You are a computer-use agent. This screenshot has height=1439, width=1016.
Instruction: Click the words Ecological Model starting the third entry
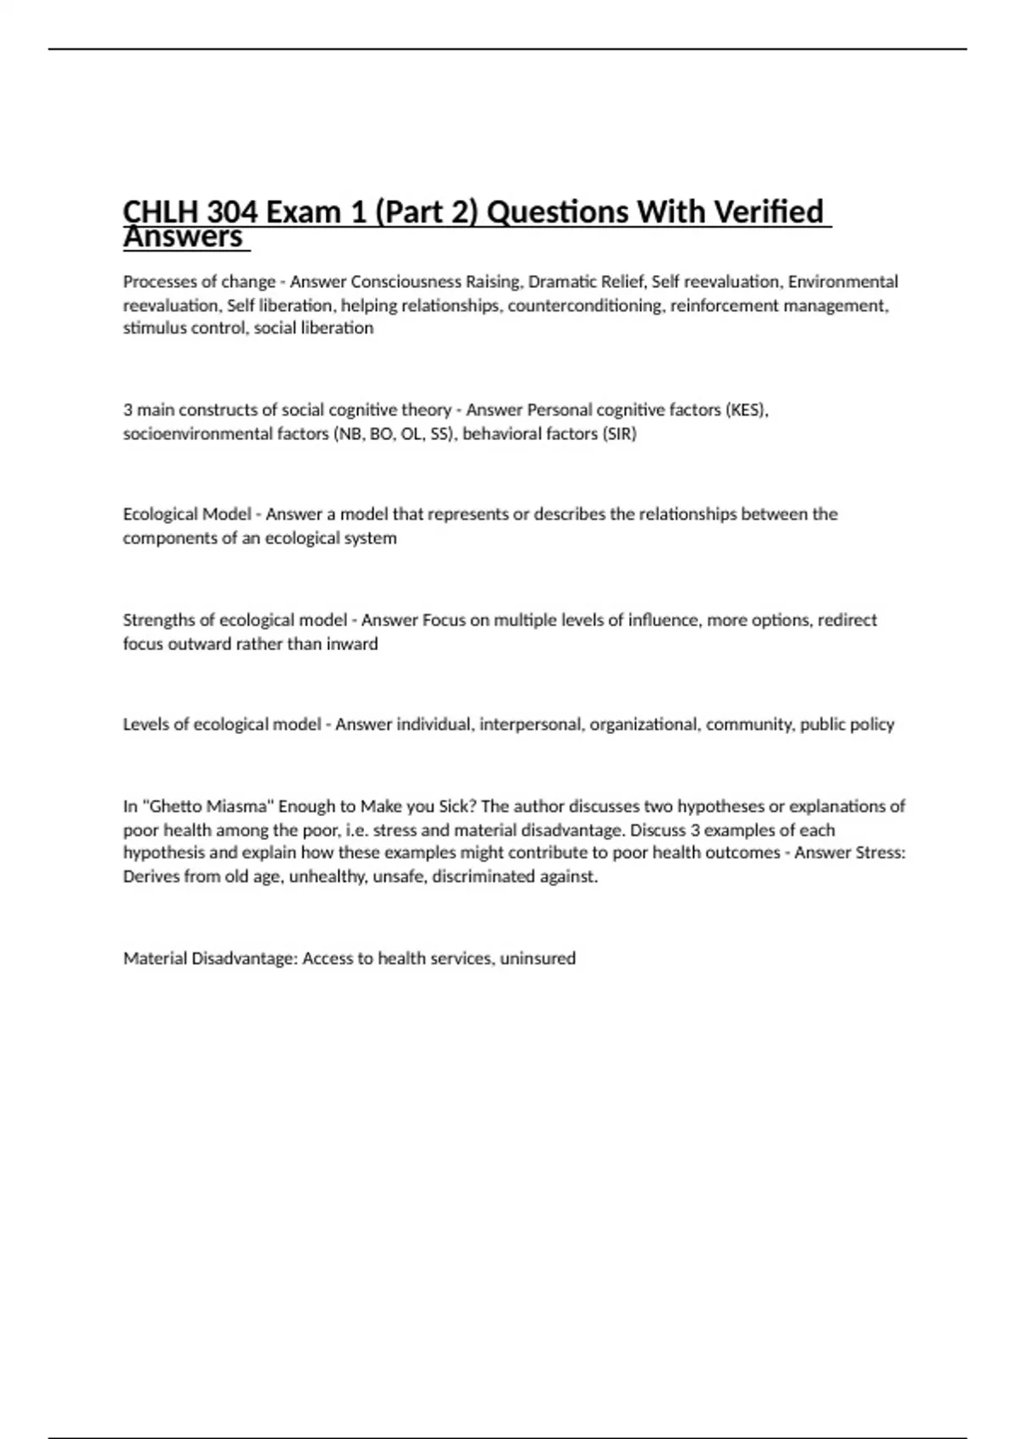click(x=187, y=515)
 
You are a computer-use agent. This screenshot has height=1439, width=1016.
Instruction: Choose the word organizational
click(x=645, y=725)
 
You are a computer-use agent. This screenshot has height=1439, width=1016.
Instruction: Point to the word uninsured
click(x=538, y=959)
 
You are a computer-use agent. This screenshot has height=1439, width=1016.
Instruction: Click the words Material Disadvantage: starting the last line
click(x=211, y=959)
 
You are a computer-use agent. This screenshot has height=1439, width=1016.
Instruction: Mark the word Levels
click(x=146, y=725)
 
